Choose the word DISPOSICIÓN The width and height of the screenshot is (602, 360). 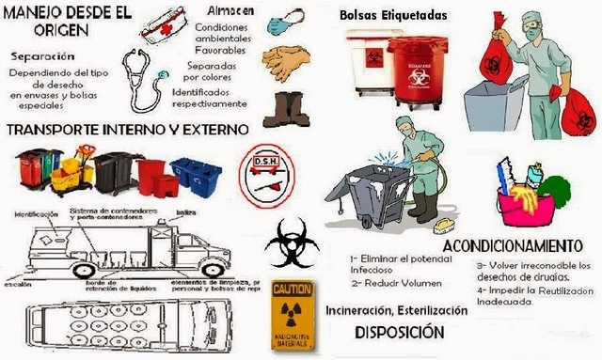pyautogui.click(x=399, y=333)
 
